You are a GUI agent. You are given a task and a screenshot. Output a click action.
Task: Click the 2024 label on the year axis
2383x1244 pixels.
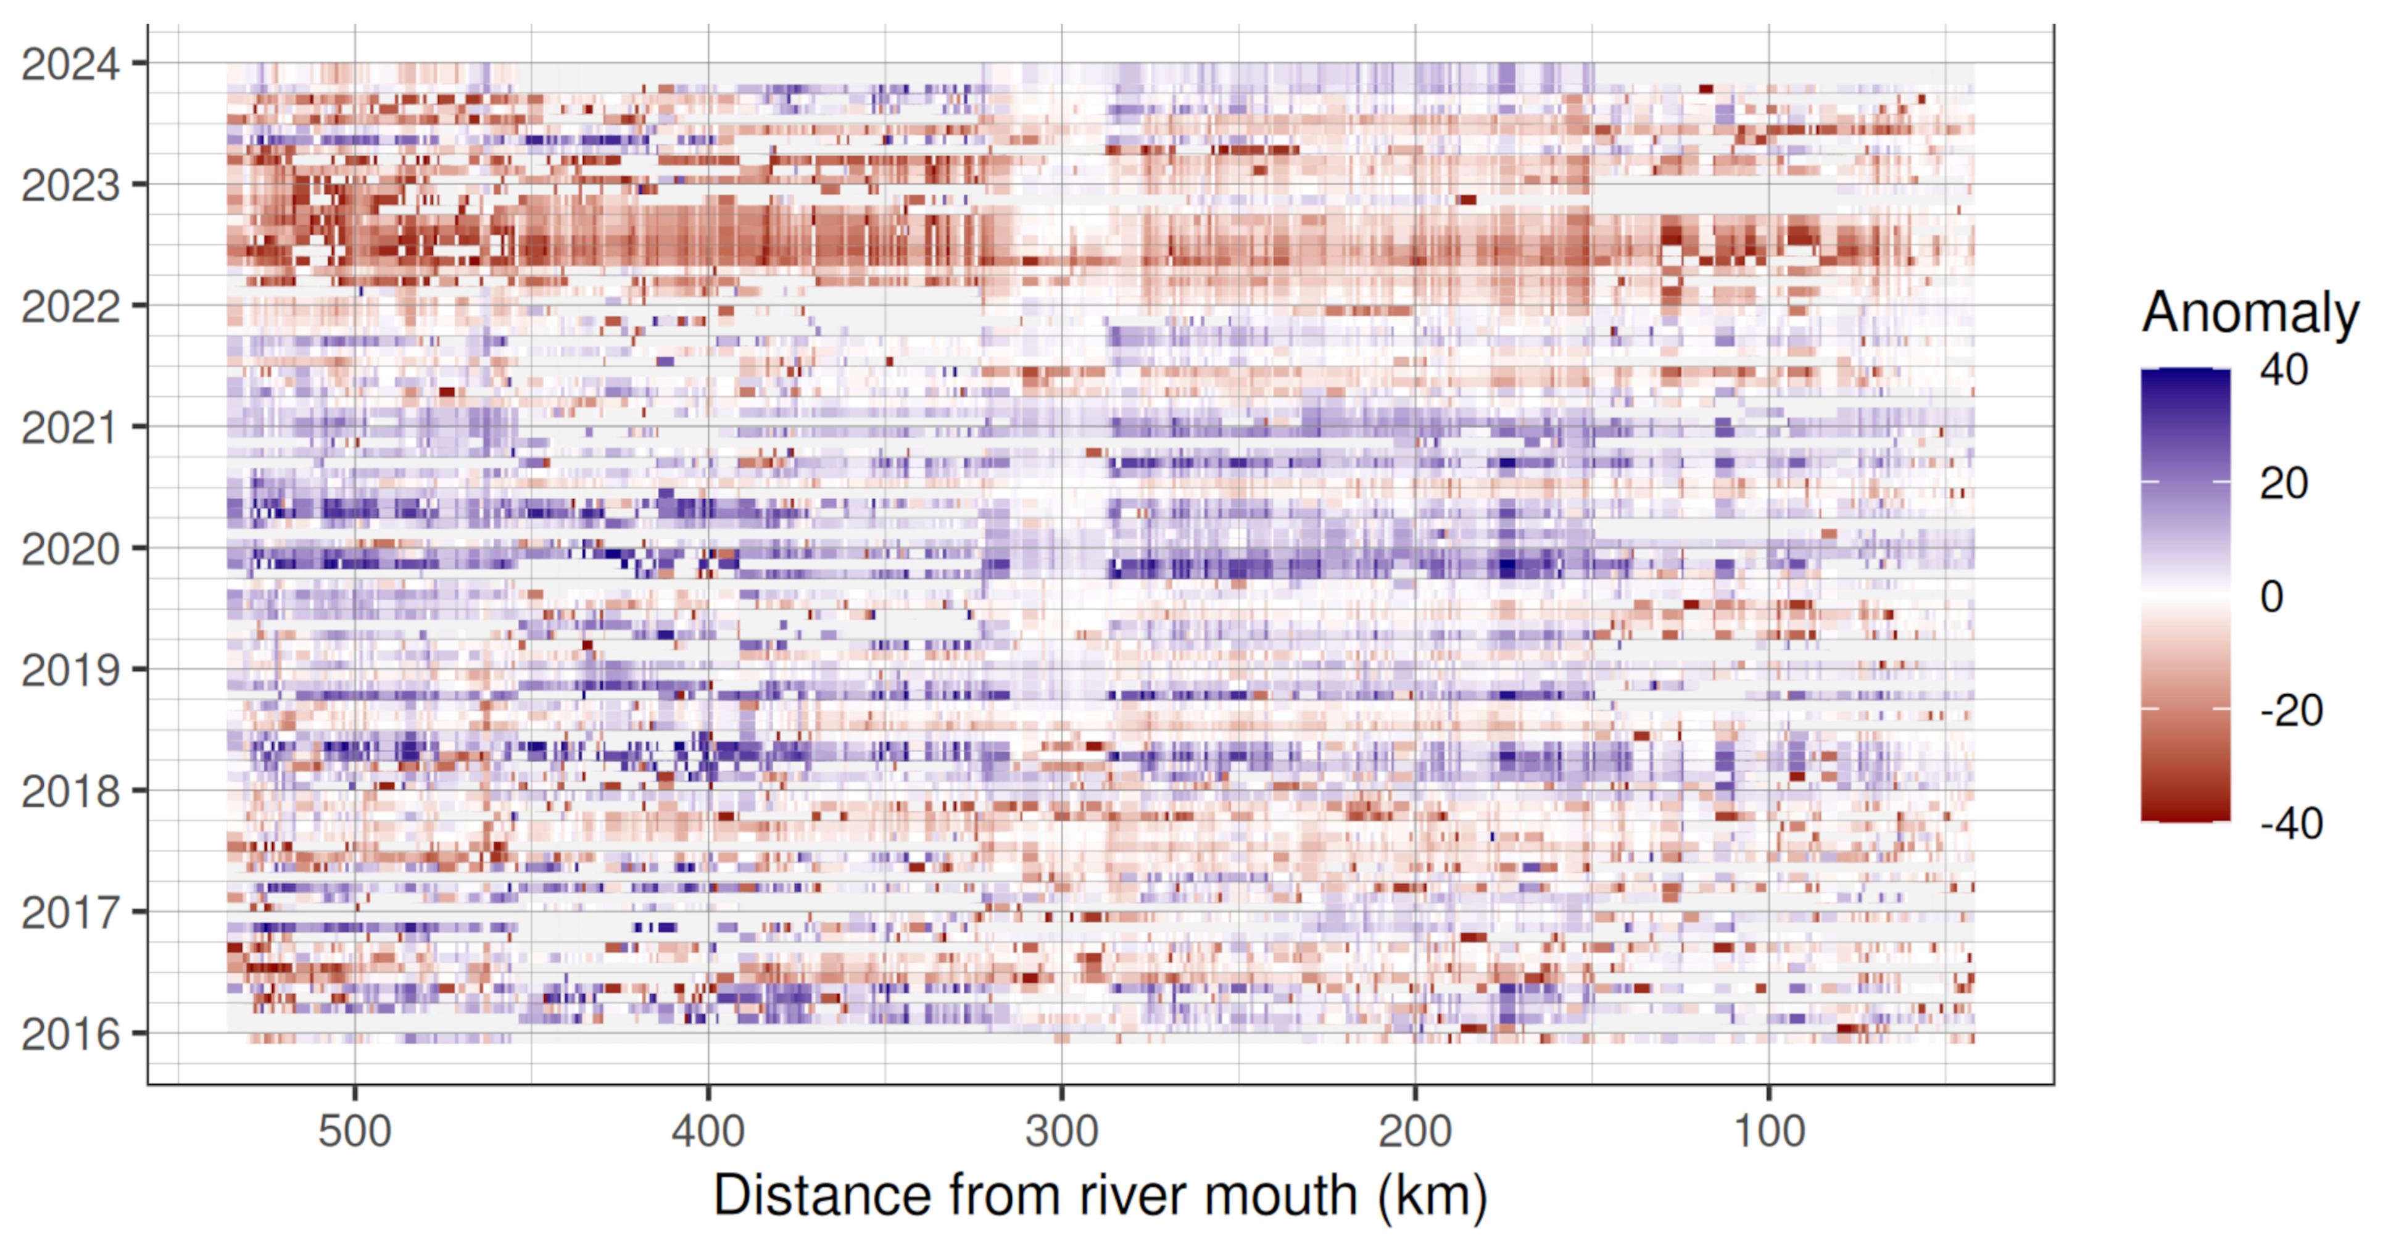point(70,65)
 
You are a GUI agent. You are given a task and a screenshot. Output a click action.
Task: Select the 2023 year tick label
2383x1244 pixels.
point(70,186)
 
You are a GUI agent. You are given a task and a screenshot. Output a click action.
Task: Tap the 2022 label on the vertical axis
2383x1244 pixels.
point(70,307)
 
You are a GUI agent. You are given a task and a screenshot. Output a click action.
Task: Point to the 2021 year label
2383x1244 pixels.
point(70,428)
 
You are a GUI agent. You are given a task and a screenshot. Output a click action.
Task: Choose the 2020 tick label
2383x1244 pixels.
point(70,549)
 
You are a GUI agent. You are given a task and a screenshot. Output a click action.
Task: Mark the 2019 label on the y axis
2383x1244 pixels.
point(70,671)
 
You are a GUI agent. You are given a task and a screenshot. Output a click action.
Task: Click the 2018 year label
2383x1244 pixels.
point(70,792)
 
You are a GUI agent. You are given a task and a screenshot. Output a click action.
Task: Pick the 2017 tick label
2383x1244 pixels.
point(70,913)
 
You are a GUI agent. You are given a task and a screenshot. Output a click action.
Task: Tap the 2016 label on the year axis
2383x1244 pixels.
point(70,1034)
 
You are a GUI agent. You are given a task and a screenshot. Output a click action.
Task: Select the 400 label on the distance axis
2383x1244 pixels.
point(708,1131)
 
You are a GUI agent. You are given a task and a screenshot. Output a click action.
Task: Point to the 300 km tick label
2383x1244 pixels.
point(1061,1131)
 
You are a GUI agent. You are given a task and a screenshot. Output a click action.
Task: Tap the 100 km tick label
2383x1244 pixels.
point(1769,1131)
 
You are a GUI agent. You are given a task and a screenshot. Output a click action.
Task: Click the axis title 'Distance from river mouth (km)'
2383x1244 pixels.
point(1100,1195)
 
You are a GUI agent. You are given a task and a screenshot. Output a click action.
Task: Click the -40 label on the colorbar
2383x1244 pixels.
point(2290,823)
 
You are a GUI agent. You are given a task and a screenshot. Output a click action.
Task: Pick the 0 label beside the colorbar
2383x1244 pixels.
point(2271,597)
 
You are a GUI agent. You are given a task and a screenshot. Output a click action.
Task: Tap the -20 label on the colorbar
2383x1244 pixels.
point(2290,710)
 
